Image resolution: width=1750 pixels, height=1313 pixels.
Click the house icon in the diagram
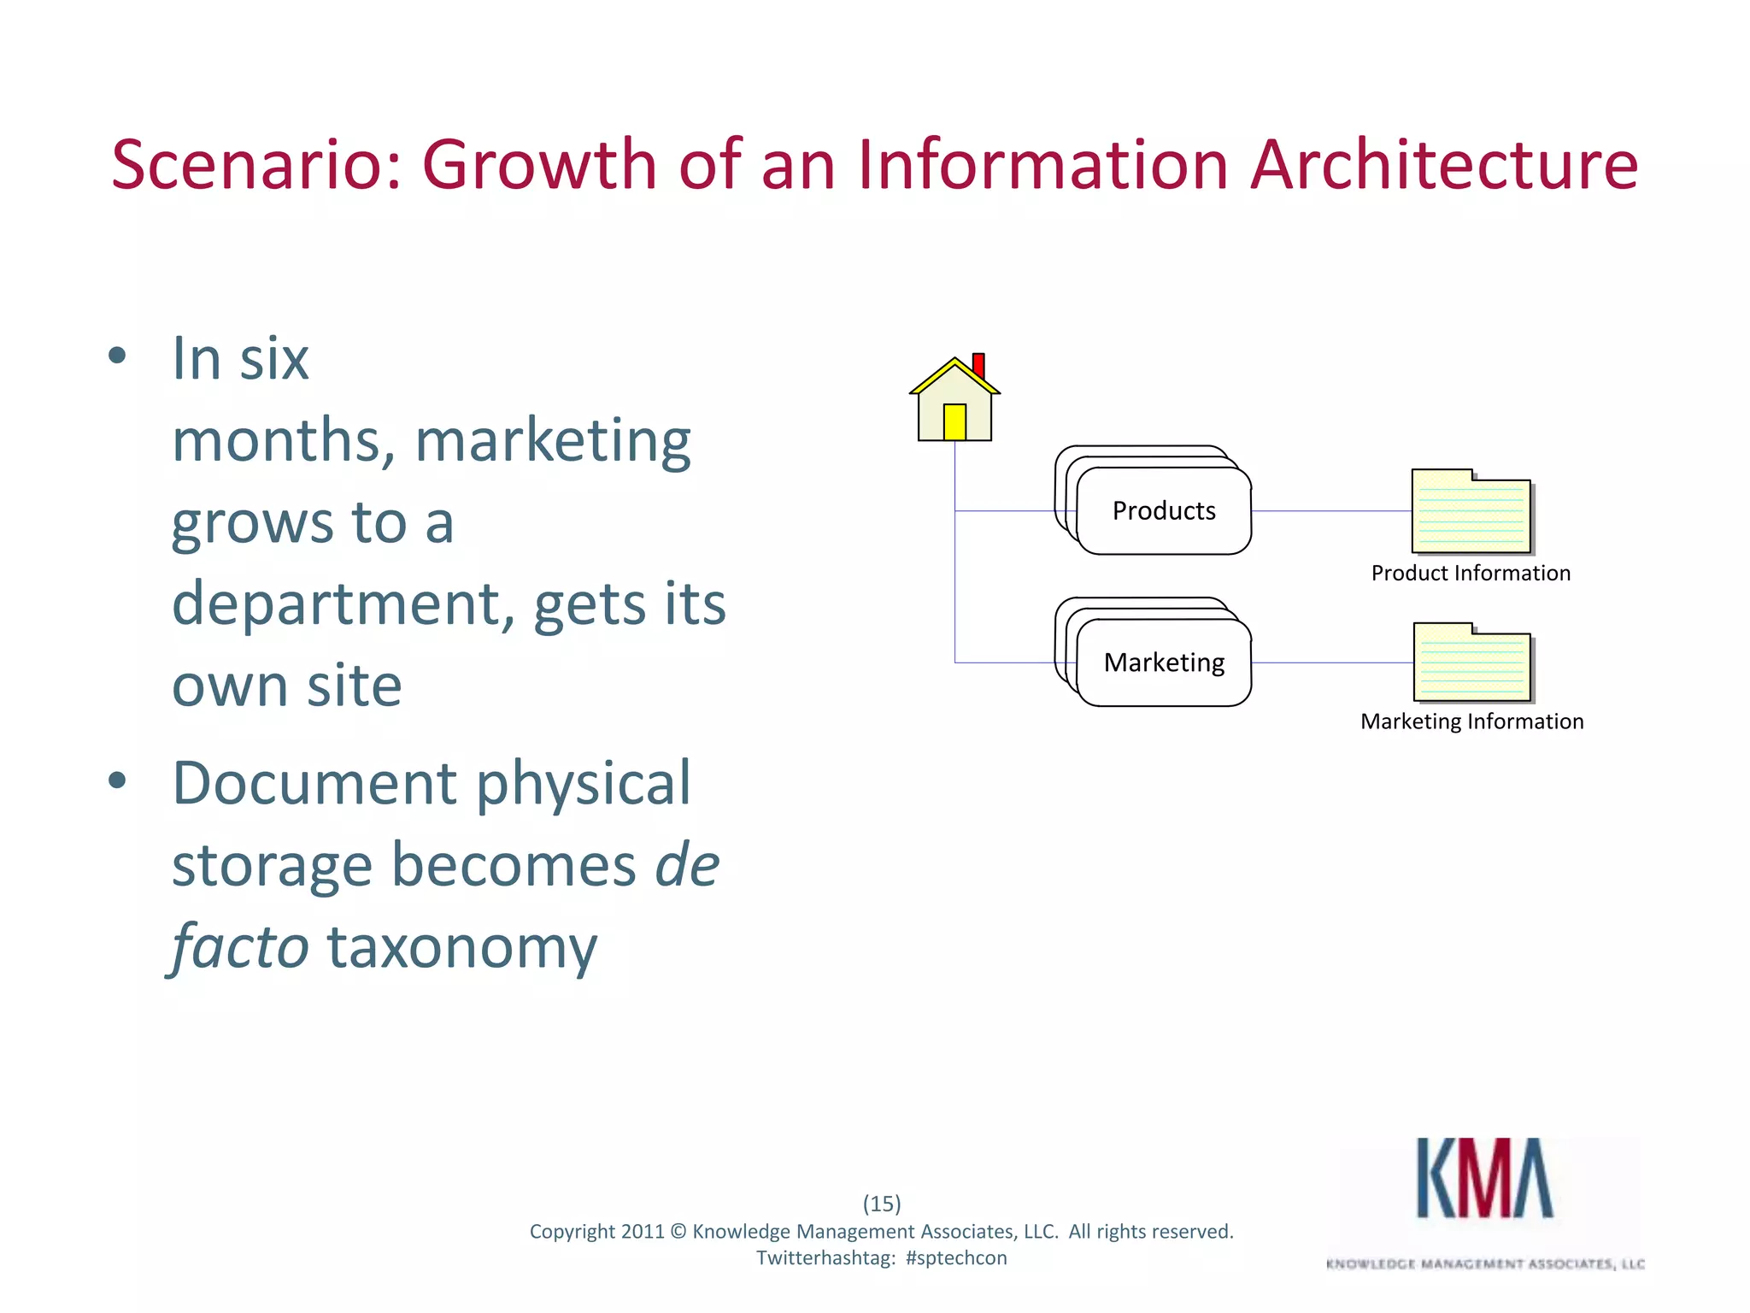coord(954,402)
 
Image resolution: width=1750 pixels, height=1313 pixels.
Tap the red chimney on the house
coord(978,365)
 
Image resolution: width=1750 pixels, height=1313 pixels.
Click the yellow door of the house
coord(954,422)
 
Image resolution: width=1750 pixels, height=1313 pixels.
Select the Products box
coord(1164,511)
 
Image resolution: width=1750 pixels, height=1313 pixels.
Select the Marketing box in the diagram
coord(1164,662)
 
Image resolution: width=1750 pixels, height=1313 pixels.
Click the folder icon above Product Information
coord(1471,512)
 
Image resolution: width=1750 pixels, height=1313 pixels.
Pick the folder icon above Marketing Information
coord(1472,663)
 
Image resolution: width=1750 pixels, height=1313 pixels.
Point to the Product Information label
coord(1471,574)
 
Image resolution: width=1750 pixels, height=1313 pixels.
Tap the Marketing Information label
coord(1471,721)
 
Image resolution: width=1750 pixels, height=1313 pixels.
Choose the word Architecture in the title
coord(1444,164)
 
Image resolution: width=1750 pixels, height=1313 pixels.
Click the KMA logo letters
coord(1485,1178)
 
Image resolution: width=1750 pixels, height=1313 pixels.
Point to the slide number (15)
coord(882,1204)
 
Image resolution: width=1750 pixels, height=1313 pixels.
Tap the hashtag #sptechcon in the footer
coord(956,1258)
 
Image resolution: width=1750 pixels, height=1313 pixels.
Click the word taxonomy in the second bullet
coord(462,948)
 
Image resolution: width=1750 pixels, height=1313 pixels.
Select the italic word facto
coord(240,948)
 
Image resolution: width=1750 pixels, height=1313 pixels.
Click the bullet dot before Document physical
coord(118,780)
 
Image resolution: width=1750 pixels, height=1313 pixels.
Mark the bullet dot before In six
coord(118,356)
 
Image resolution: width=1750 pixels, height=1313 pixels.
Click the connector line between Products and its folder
coord(1331,511)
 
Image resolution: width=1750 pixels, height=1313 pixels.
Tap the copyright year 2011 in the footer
coord(642,1232)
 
